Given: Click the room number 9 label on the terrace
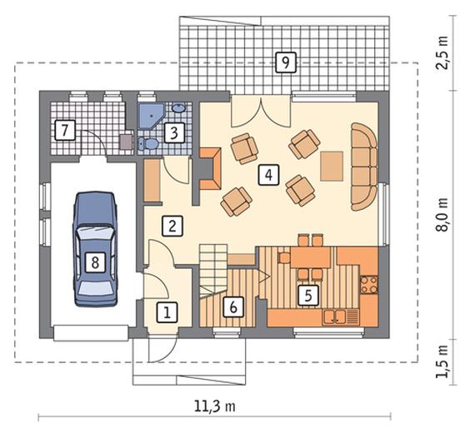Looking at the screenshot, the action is coord(286,62).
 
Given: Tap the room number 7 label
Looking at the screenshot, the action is coord(65,131).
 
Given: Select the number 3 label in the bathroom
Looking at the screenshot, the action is coord(174,132).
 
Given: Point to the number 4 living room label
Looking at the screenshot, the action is coord(268,175).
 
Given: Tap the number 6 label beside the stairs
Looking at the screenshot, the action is coord(233,307).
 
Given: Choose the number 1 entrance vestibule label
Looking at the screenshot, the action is coord(167,312).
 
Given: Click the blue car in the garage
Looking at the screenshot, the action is coord(95,249).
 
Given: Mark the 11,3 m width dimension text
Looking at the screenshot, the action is coord(214,406).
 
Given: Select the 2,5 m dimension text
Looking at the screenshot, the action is coord(442,53).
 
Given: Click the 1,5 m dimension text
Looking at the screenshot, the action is coord(442,361).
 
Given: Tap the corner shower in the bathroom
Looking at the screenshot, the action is coord(150,116).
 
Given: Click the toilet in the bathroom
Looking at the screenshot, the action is coord(147,143).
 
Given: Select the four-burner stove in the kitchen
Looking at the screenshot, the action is coord(369,285).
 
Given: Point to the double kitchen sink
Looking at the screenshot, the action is coord(335,316).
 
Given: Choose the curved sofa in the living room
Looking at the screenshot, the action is coord(364,167).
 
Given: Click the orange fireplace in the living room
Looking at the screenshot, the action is coord(210,169).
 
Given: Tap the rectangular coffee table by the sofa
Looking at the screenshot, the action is coord(332,167).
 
